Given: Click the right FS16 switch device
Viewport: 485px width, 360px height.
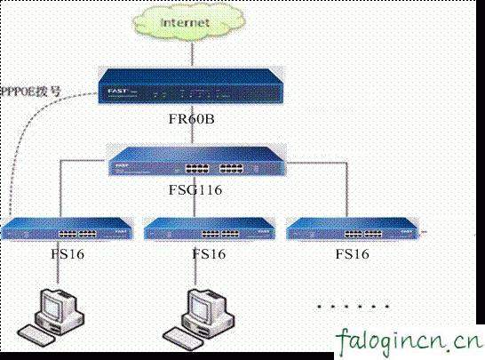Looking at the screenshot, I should pyautogui.click(x=350, y=231).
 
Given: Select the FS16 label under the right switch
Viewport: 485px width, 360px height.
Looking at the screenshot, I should pyautogui.click(x=353, y=253).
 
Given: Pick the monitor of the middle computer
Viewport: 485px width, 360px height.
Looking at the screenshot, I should pyautogui.click(x=203, y=308).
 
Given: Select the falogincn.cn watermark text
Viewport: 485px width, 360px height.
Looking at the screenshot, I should pyautogui.click(x=410, y=340).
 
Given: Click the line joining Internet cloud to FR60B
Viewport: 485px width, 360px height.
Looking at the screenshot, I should pyautogui.click(x=184, y=53).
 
